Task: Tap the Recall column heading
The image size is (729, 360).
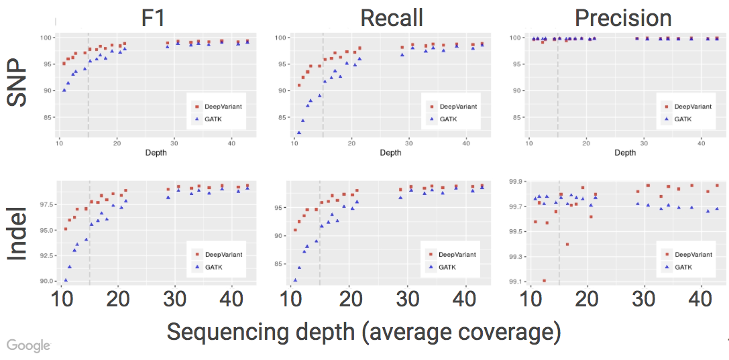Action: pyautogui.click(x=391, y=18)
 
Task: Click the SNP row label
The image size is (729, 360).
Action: pyautogui.click(x=19, y=84)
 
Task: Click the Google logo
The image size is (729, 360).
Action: pyautogui.click(x=29, y=345)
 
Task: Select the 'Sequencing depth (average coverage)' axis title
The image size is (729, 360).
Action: pyautogui.click(x=363, y=332)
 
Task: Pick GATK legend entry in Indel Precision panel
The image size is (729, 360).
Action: pyautogui.click(x=682, y=266)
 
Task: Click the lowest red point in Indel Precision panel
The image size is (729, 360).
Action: pyautogui.click(x=544, y=281)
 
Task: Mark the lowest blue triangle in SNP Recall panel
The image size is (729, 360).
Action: pyautogui.click(x=298, y=133)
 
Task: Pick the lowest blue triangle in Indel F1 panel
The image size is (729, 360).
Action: pyautogui.click(x=66, y=280)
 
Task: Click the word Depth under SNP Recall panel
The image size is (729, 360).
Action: pyautogui.click(x=390, y=153)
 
